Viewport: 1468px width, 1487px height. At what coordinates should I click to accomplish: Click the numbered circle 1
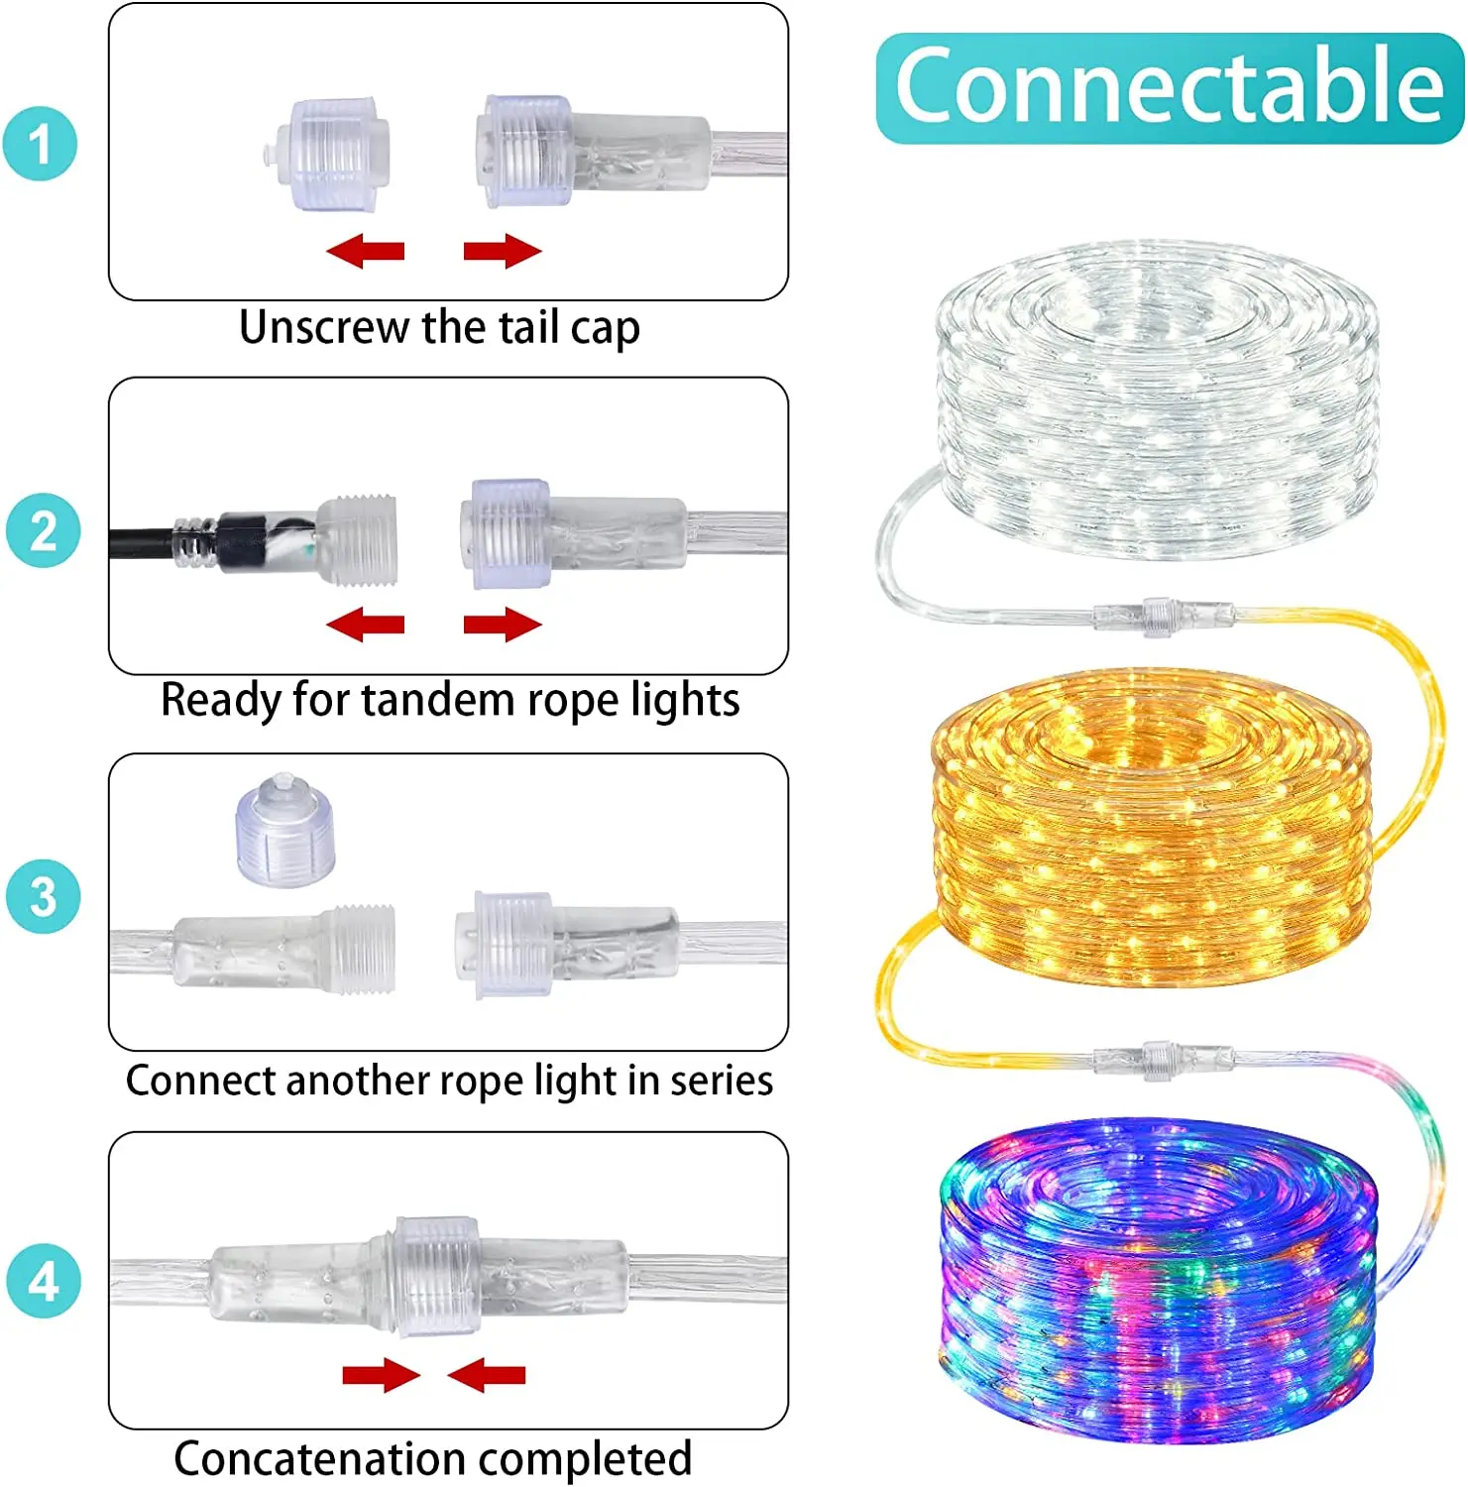(40, 145)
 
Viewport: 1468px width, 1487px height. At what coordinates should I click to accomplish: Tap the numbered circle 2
(43, 530)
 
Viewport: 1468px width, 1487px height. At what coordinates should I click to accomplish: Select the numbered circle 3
(43, 896)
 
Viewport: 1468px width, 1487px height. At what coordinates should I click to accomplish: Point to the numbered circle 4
(43, 1281)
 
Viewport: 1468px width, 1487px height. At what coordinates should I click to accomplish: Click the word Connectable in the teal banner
(1169, 87)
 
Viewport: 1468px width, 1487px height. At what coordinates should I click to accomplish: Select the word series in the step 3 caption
(721, 1081)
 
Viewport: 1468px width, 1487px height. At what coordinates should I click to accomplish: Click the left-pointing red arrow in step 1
(365, 251)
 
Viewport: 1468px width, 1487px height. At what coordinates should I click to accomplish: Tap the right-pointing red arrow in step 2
(503, 625)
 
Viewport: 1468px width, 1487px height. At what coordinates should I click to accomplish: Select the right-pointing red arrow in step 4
(381, 1375)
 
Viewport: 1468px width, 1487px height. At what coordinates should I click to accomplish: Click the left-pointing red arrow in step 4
(486, 1375)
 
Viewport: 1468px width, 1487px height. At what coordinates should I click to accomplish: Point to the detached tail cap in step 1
(328, 154)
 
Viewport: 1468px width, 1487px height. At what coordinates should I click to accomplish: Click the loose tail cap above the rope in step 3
(285, 831)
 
